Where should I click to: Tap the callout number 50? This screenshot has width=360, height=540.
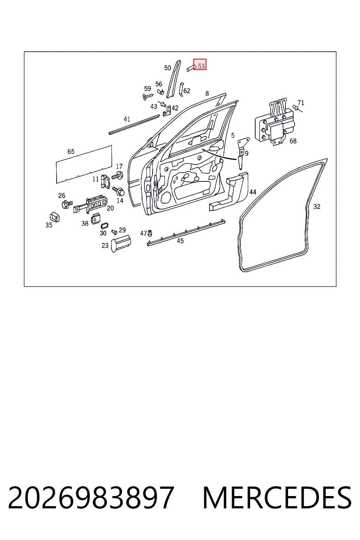pos(168,68)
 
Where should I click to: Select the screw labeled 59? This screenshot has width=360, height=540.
pos(148,96)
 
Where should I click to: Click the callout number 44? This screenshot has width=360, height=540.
pos(253,192)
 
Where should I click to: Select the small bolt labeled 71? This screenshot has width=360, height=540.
pos(297,108)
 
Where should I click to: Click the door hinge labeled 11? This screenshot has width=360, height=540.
pos(105,181)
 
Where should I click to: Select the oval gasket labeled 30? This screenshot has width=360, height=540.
pos(104,226)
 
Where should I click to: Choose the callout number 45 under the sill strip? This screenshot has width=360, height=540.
pos(180,241)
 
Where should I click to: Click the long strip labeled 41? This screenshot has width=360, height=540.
pos(134,125)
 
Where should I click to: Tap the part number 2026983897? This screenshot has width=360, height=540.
pos(91,497)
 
